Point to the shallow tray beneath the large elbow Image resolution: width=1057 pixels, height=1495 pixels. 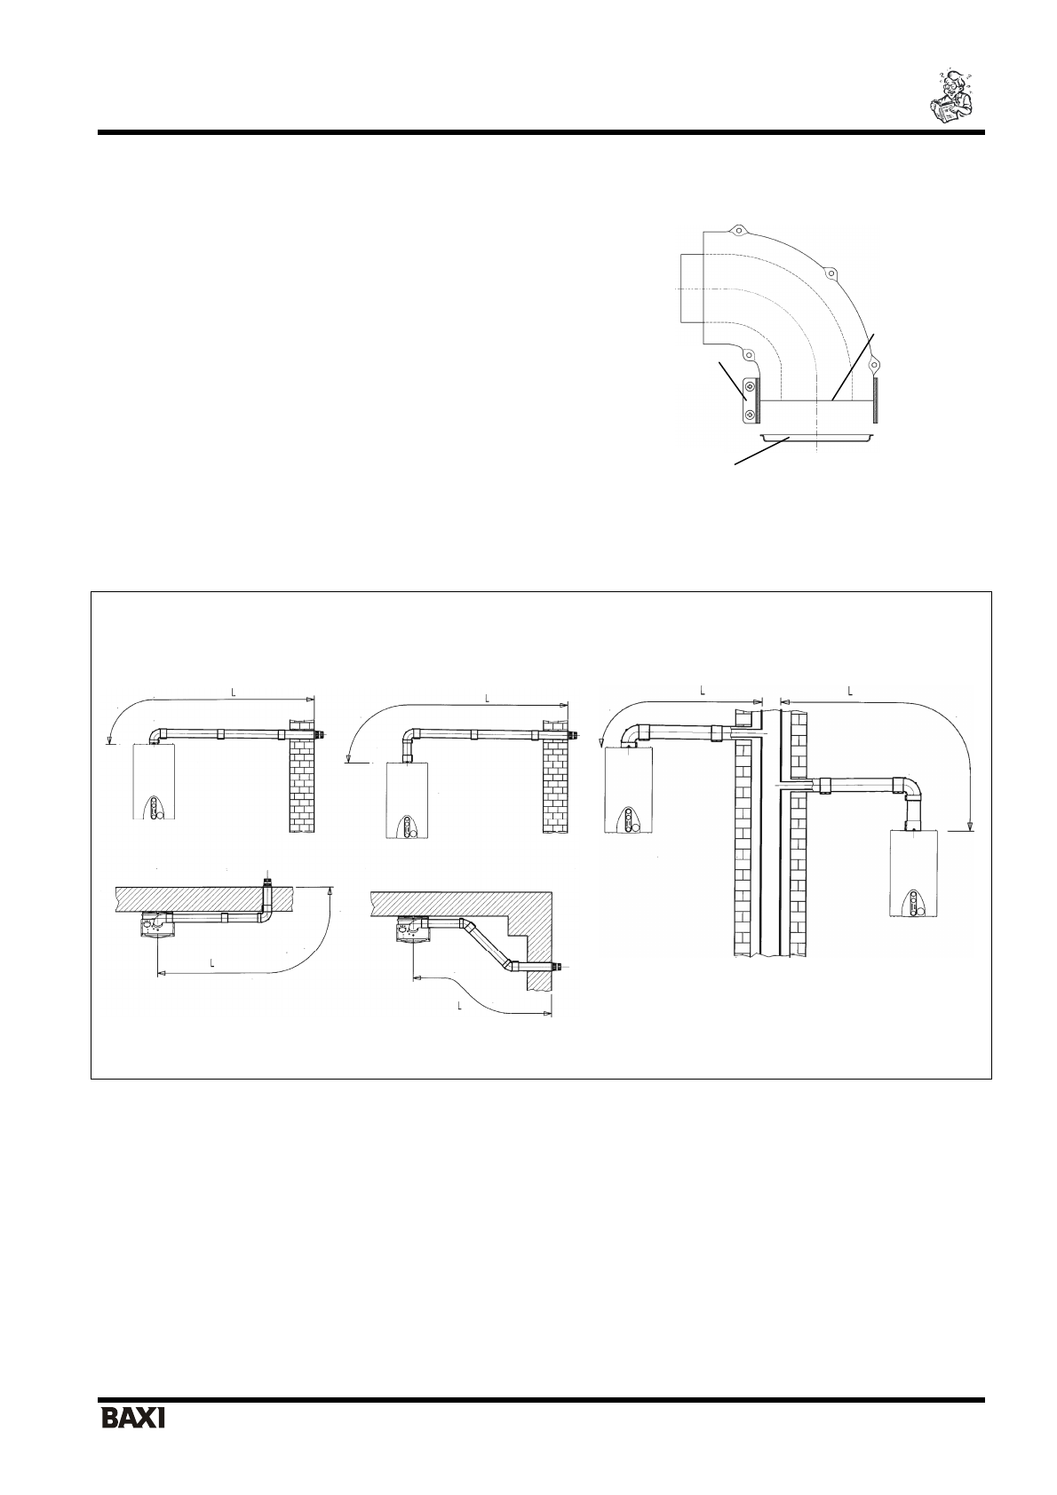tap(816, 437)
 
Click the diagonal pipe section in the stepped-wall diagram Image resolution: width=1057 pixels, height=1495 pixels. tap(489, 943)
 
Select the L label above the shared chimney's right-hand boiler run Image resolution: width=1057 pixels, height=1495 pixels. tap(850, 692)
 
